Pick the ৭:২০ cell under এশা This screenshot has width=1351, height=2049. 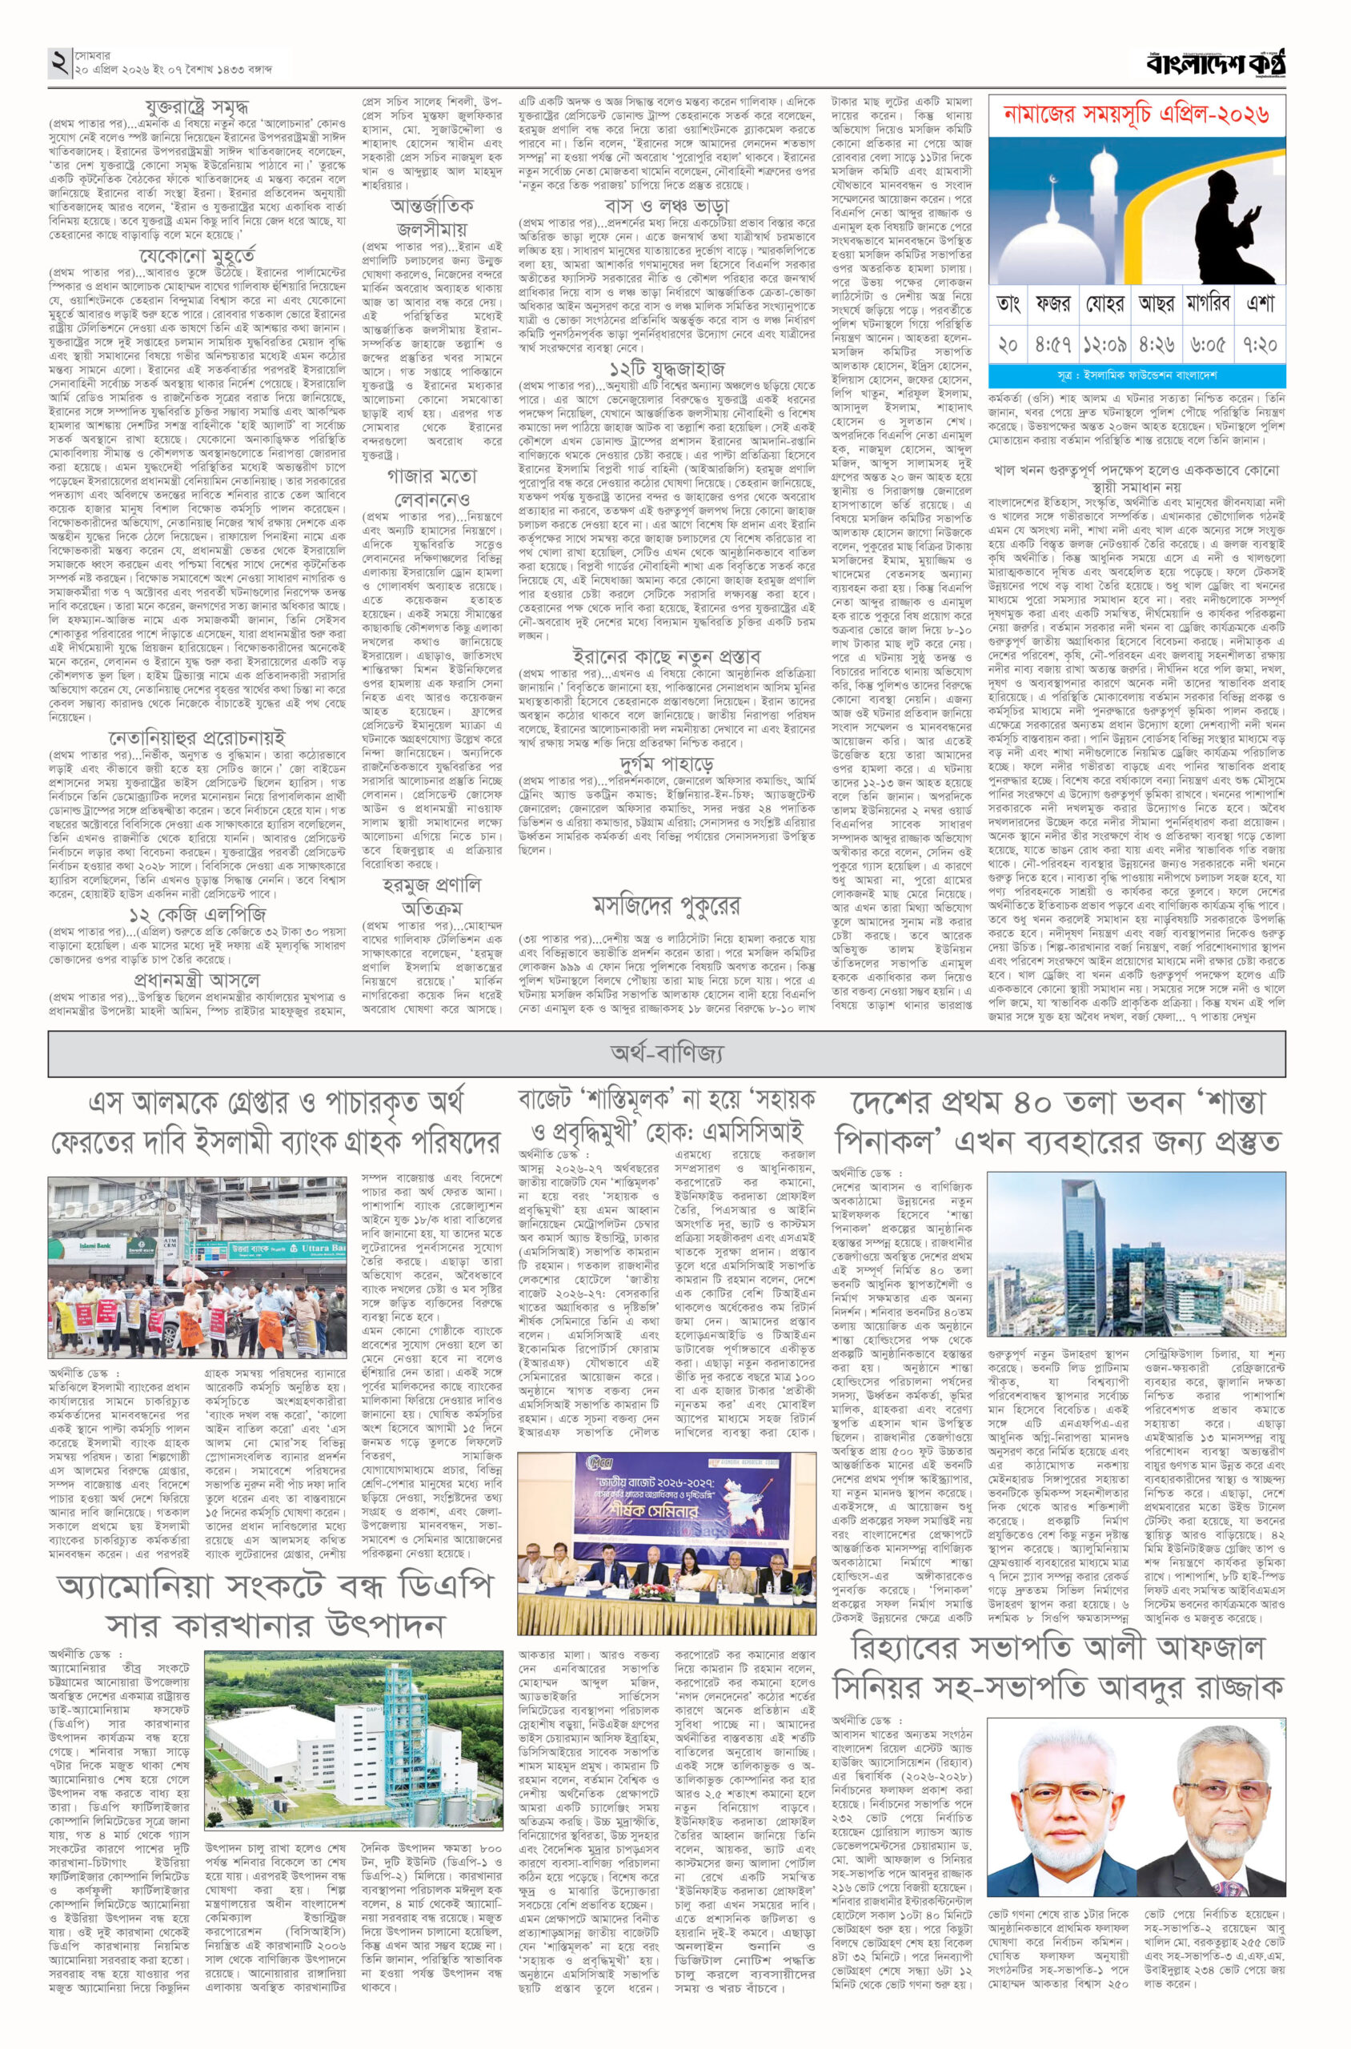pyautogui.click(x=1260, y=345)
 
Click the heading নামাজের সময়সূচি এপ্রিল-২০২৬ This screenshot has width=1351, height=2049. pyautogui.click(x=1137, y=114)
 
